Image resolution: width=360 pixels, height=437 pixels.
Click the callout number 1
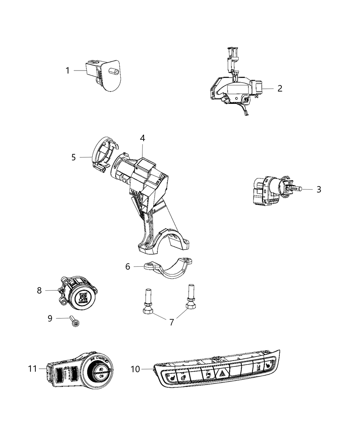[68, 71]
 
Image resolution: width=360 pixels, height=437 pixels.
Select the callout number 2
[280, 88]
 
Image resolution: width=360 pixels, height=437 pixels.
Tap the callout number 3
[319, 189]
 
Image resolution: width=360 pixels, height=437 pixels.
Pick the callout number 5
[74, 157]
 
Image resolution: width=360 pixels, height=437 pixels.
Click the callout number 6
[128, 266]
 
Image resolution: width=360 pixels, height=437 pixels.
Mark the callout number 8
[39, 290]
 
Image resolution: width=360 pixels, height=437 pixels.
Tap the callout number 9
[50, 318]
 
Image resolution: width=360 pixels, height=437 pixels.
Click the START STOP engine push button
[82, 297]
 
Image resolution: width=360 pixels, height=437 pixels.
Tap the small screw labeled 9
[74, 321]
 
